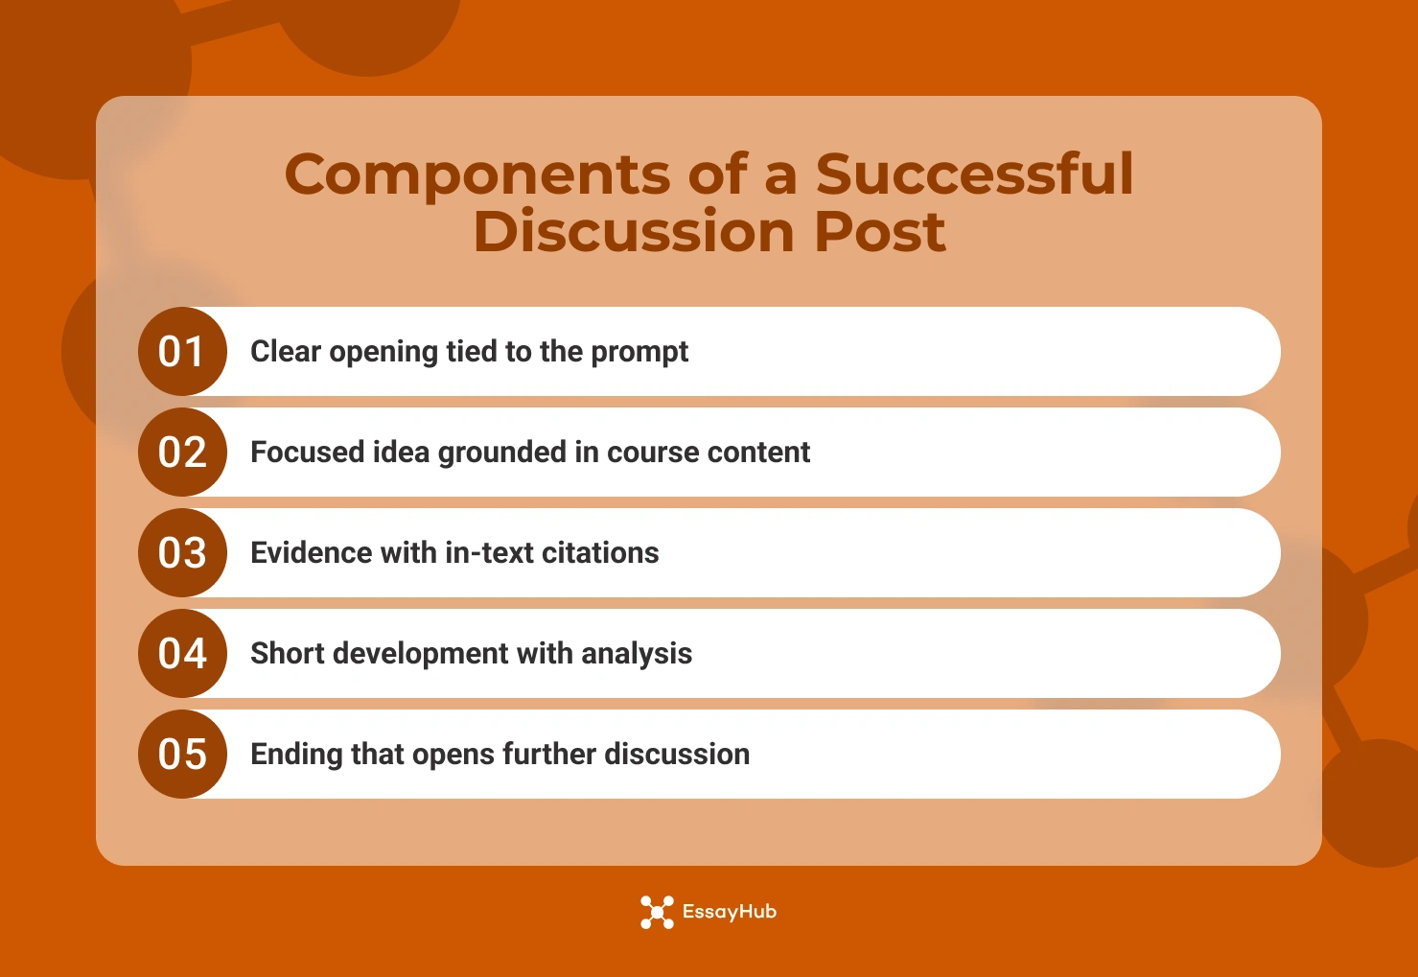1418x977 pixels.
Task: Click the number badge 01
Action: pyautogui.click(x=182, y=352)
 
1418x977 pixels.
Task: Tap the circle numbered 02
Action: pyautogui.click(x=182, y=453)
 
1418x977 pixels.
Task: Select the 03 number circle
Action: pyautogui.click(x=182, y=553)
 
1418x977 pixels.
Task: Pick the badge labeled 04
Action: pyautogui.click(x=182, y=654)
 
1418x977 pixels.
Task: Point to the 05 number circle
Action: pyautogui.click(x=182, y=755)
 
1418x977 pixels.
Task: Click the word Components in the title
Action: pyautogui.click(x=477, y=175)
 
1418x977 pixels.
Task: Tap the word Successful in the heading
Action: pyautogui.click(x=974, y=174)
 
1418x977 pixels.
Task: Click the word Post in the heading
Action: pyautogui.click(x=879, y=232)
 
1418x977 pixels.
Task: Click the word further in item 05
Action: pyautogui.click(x=548, y=755)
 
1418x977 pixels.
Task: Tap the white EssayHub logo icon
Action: pyautogui.click(x=657, y=913)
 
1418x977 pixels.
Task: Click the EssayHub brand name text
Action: pyautogui.click(x=729, y=913)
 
